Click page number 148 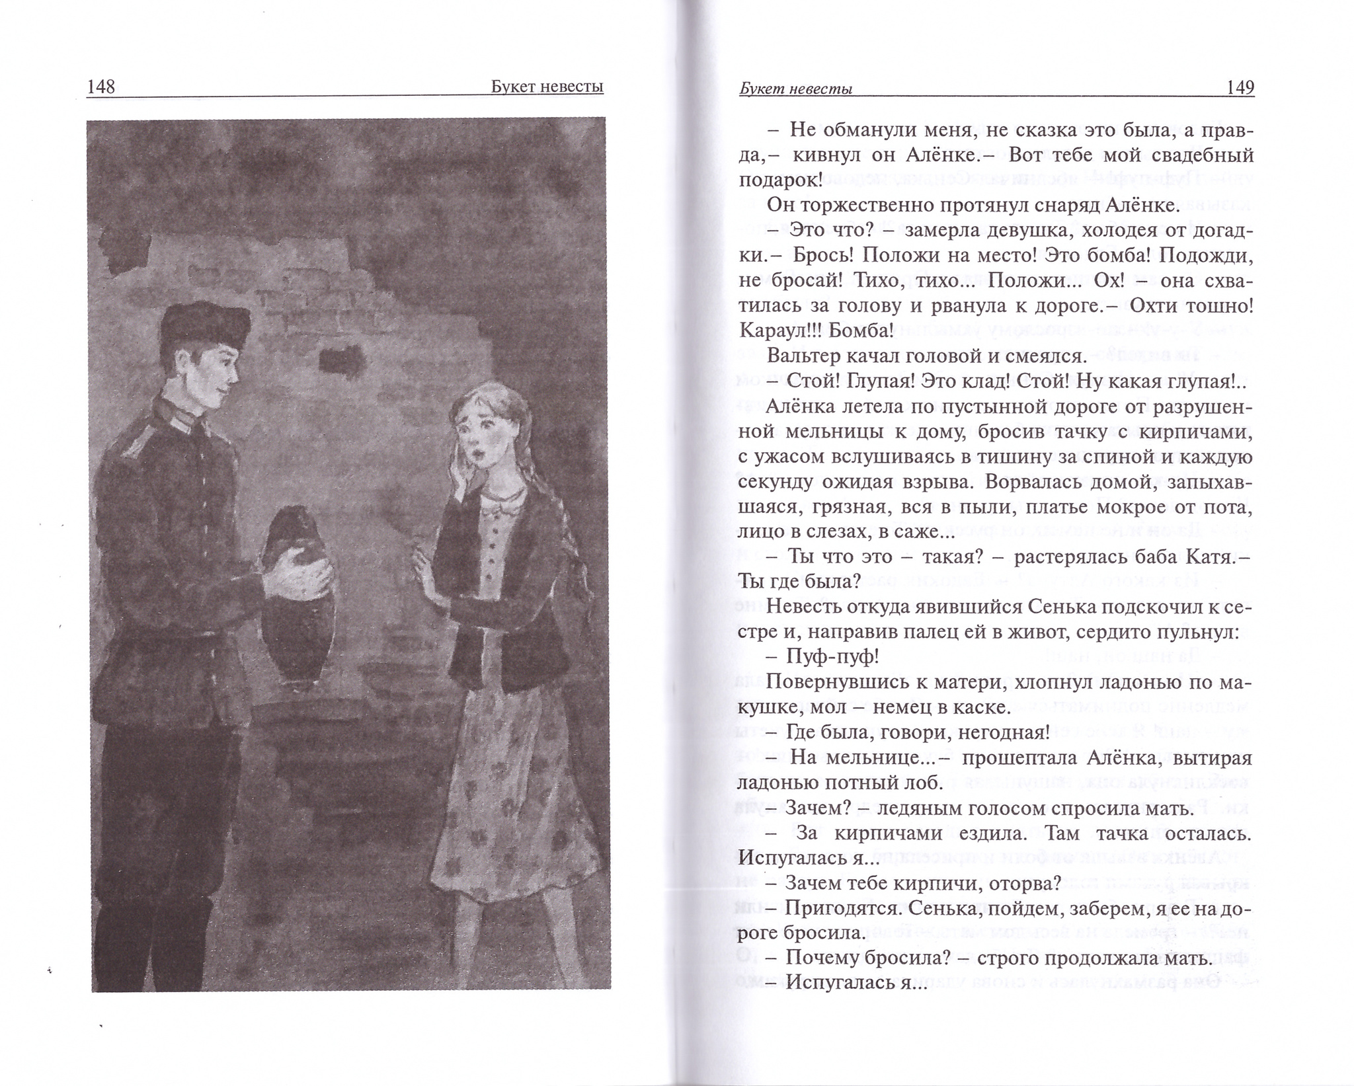coord(100,87)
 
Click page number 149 coord(1240,87)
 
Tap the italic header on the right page coord(795,89)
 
